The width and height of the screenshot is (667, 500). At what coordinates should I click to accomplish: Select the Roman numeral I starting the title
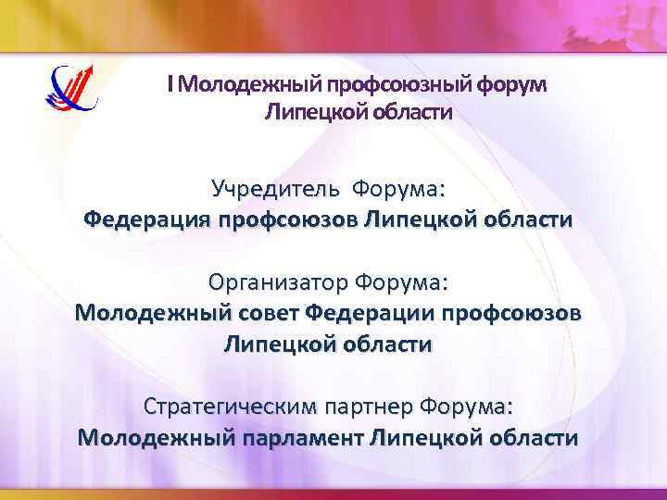click(170, 85)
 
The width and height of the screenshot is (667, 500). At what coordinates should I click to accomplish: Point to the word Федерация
click(146, 221)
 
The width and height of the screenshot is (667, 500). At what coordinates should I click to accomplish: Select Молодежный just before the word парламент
click(157, 437)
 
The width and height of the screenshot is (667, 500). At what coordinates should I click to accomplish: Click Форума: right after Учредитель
click(397, 190)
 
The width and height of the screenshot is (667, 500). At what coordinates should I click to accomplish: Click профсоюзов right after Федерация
click(289, 221)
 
